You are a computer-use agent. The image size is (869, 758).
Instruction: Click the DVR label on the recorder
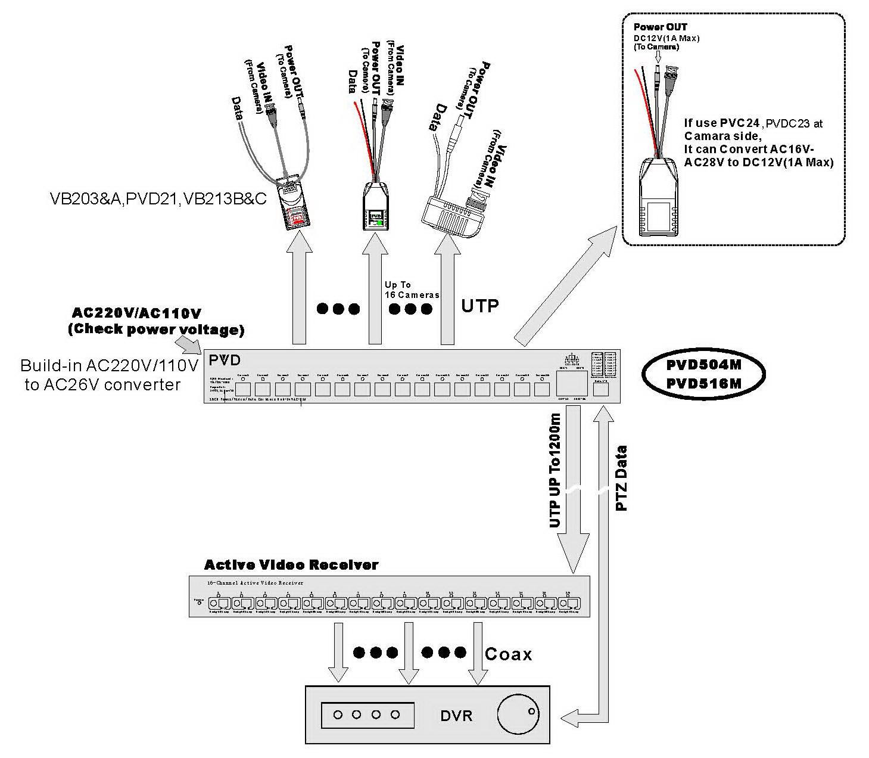(x=456, y=715)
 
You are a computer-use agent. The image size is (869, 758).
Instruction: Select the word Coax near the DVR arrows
(x=508, y=654)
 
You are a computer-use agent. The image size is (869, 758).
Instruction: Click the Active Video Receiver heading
(x=291, y=564)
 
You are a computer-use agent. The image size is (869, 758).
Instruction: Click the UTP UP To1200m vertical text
(x=555, y=471)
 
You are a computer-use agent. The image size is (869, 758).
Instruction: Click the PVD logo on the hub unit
(x=225, y=361)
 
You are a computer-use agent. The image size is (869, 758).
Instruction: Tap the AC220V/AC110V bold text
(x=136, y=313)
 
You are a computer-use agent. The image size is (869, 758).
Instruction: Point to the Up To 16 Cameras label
(x=412, y=290)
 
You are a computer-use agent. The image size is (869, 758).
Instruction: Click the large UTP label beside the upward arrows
(x=479, y=306)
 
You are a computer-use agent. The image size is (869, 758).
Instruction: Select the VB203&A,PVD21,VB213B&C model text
(x=158, y=198)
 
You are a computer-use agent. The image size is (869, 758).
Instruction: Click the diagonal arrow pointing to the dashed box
(x=565, y=289)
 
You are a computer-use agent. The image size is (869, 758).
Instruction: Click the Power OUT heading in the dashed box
(x=660, y=27)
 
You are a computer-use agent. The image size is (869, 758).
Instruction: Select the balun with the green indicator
(x=376, y=208)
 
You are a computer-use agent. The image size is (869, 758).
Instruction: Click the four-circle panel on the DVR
(x=367, y=714)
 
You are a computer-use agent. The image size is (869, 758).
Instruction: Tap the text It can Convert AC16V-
(x=749, y=149)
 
